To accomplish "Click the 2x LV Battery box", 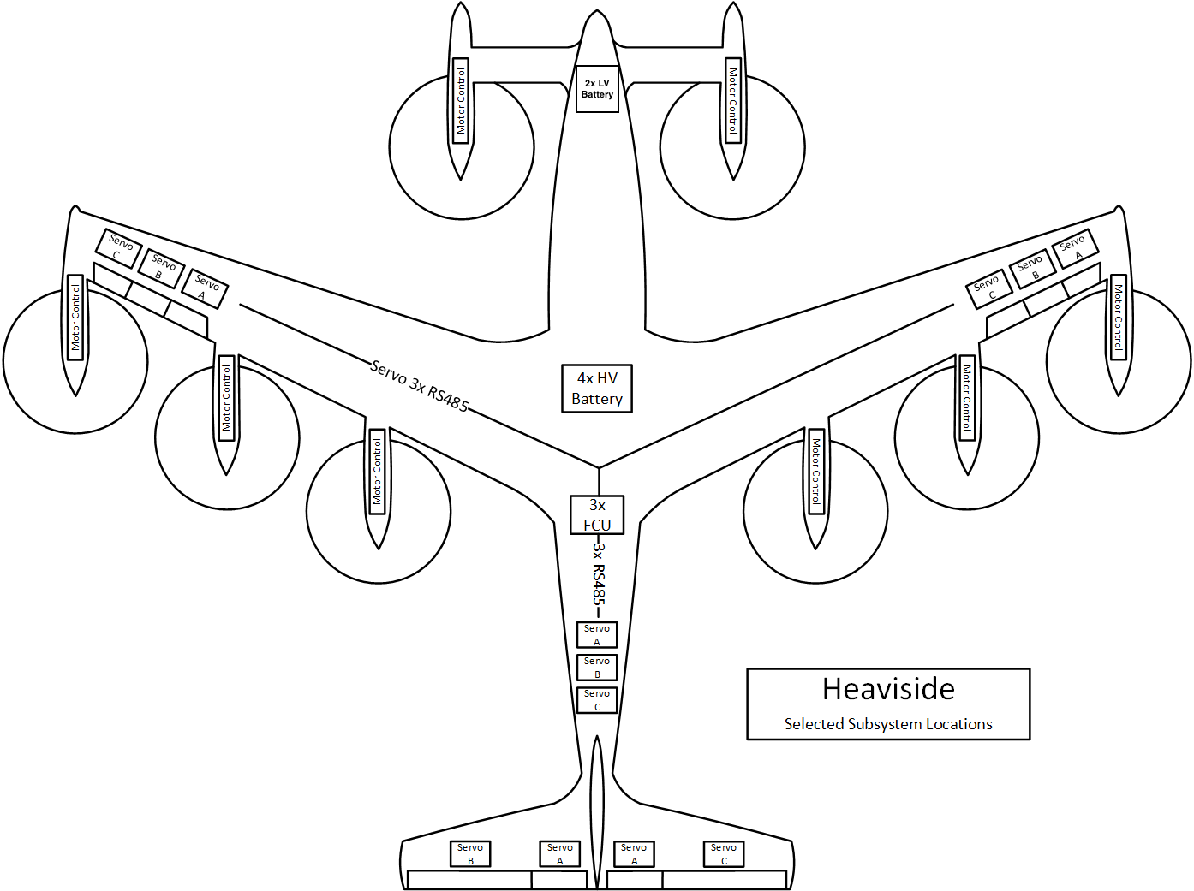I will [x=597, y=89].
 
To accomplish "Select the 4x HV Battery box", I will [x=597, y=389].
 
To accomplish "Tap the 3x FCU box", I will [x=597, y=515].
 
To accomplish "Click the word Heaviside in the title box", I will [x=888, y=689].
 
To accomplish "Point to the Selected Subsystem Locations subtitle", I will [x=888, y=724].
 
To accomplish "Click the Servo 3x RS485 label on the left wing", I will [x=420, y=386].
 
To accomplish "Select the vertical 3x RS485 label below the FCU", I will [x=599, y=573].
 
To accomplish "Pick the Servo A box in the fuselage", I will [x=597, y=635].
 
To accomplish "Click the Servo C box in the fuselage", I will [x=597, y=700].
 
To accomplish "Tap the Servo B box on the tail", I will [x=470, y=853].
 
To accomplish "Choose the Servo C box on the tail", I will [x=724, y=853].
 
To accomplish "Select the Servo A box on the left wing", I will [x=205, y=288].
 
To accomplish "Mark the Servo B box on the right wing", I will [x=1032, y=268].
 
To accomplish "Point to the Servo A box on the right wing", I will [x=1075, y=248].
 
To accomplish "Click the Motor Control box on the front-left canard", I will [x=461, y=100].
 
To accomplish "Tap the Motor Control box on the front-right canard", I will [x=732, y=100].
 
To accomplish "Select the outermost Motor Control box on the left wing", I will [x=75, y=318].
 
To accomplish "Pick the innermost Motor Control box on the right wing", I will [x=816, y=472].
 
